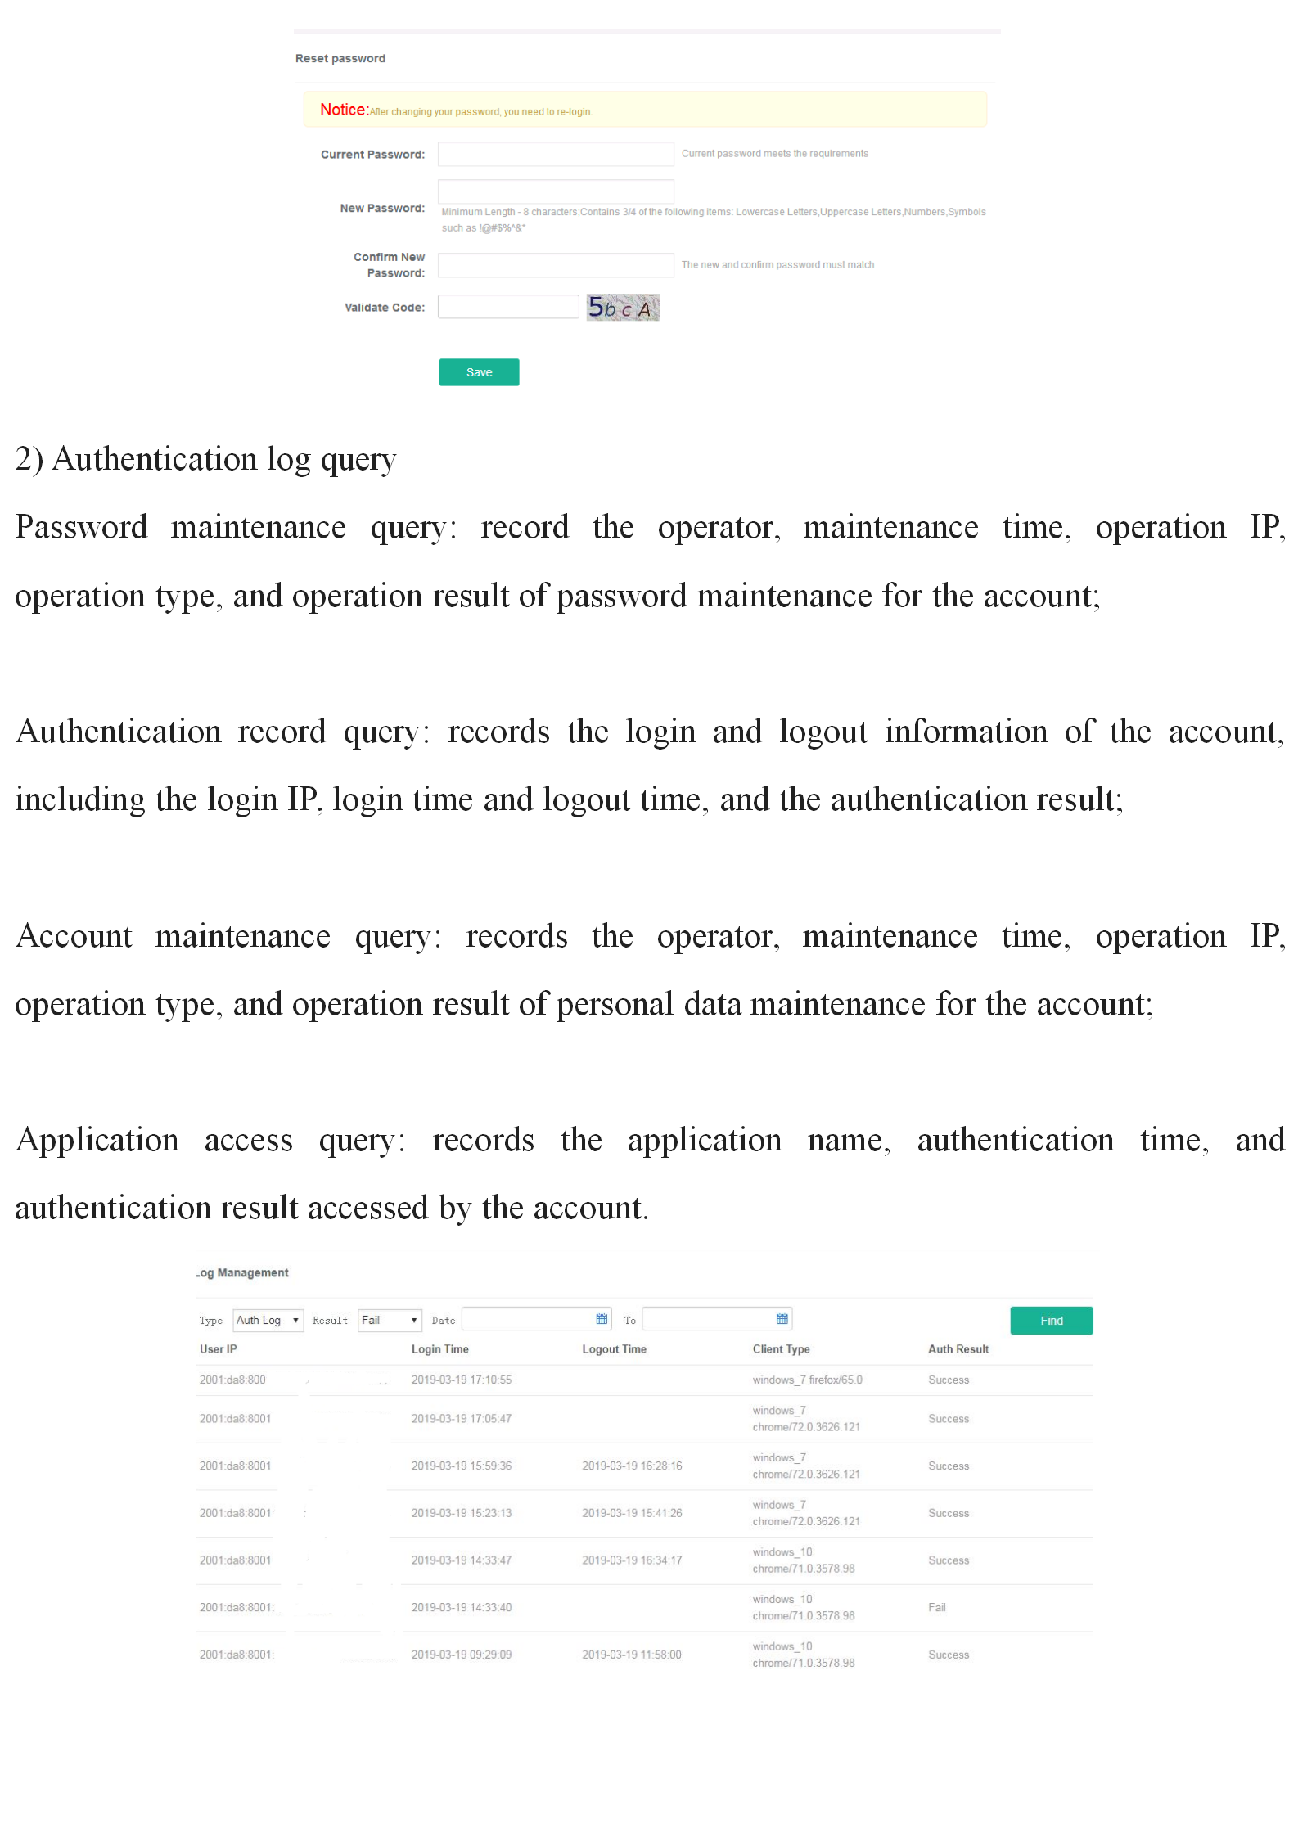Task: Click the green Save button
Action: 479,372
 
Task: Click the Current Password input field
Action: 555,154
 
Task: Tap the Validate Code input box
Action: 507,307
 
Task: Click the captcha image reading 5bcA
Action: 623,308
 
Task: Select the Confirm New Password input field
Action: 555,265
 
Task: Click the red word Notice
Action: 343,110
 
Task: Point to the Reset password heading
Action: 340,59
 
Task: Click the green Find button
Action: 1051,1321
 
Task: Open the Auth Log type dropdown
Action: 268,1320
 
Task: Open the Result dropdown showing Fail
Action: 390,1320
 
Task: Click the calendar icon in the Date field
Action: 602,1319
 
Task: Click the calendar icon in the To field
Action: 782,1319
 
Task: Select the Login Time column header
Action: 439,1349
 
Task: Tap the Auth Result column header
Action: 958,1349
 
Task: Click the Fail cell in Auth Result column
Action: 936,1607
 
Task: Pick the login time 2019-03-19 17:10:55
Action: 461,1380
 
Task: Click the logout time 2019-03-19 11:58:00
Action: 631,1655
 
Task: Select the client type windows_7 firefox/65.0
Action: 807,1380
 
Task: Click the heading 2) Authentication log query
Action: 205,459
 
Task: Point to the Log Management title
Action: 242,1273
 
